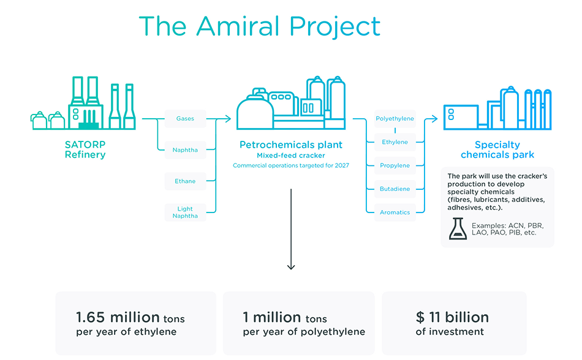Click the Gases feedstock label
click(185, 119)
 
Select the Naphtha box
click(185, 150)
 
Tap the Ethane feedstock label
click(185, 181)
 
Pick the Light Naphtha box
click(185, 212)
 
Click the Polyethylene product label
click(395, 119)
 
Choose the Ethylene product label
click(395, 142)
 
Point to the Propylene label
click(395, 166)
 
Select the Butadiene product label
click(395, 189)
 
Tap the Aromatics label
click(395, 212)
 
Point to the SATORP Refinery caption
click(85, 150)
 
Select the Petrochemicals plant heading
click(291, 145)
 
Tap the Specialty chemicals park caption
click(497, 150)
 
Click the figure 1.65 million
click(118, 317)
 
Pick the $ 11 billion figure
click(452, 317)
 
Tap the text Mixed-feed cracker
click(291, 156)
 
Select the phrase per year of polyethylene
click(304, 332)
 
